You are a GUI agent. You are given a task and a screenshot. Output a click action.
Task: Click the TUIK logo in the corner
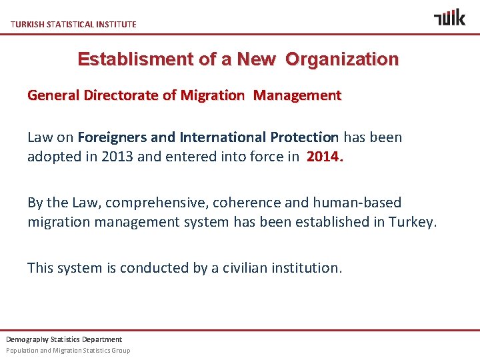tap(449, 17)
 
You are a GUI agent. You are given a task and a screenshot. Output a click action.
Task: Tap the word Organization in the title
tap(342, 59)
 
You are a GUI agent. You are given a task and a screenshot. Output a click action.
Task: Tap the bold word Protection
tap(305, 138)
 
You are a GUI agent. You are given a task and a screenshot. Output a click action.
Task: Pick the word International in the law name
tap(223, 138)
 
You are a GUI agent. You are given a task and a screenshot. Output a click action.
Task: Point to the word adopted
tap(51, 157)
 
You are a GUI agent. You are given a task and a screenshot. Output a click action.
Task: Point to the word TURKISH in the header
tap(27, 25)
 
